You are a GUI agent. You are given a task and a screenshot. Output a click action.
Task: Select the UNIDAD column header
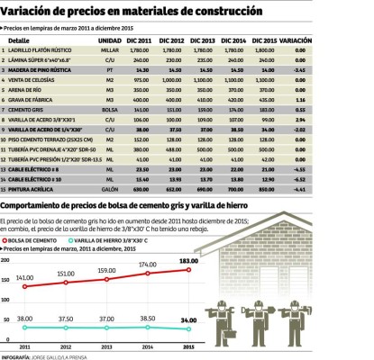(110, 40)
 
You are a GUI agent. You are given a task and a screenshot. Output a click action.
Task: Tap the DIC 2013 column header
(203, 40)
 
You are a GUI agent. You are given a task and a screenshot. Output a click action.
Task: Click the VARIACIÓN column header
(296, 40)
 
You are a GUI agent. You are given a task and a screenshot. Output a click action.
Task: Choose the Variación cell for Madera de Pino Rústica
(300, 69)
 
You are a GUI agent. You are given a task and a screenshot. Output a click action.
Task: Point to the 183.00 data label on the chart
(187, 261)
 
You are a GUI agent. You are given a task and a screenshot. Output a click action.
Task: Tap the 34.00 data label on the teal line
(187, 320)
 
